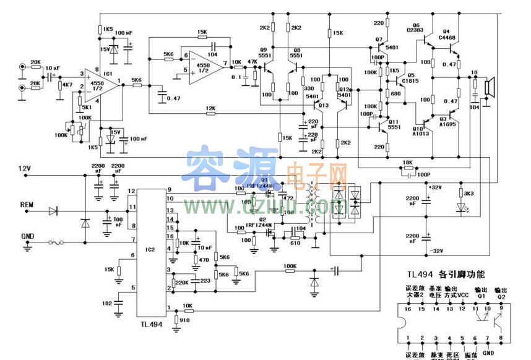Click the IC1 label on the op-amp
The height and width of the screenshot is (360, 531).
(107, 74)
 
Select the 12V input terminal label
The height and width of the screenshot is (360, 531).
(24, 168)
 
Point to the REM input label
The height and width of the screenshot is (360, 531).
(27, 205)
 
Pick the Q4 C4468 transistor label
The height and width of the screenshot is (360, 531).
(447, 34)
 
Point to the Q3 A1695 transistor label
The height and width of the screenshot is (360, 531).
(447, 121)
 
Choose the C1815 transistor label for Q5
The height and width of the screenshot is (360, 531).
(411, 80)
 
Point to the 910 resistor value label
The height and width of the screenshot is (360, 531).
(184, 320)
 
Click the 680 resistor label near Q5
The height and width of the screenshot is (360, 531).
(396, 93)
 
